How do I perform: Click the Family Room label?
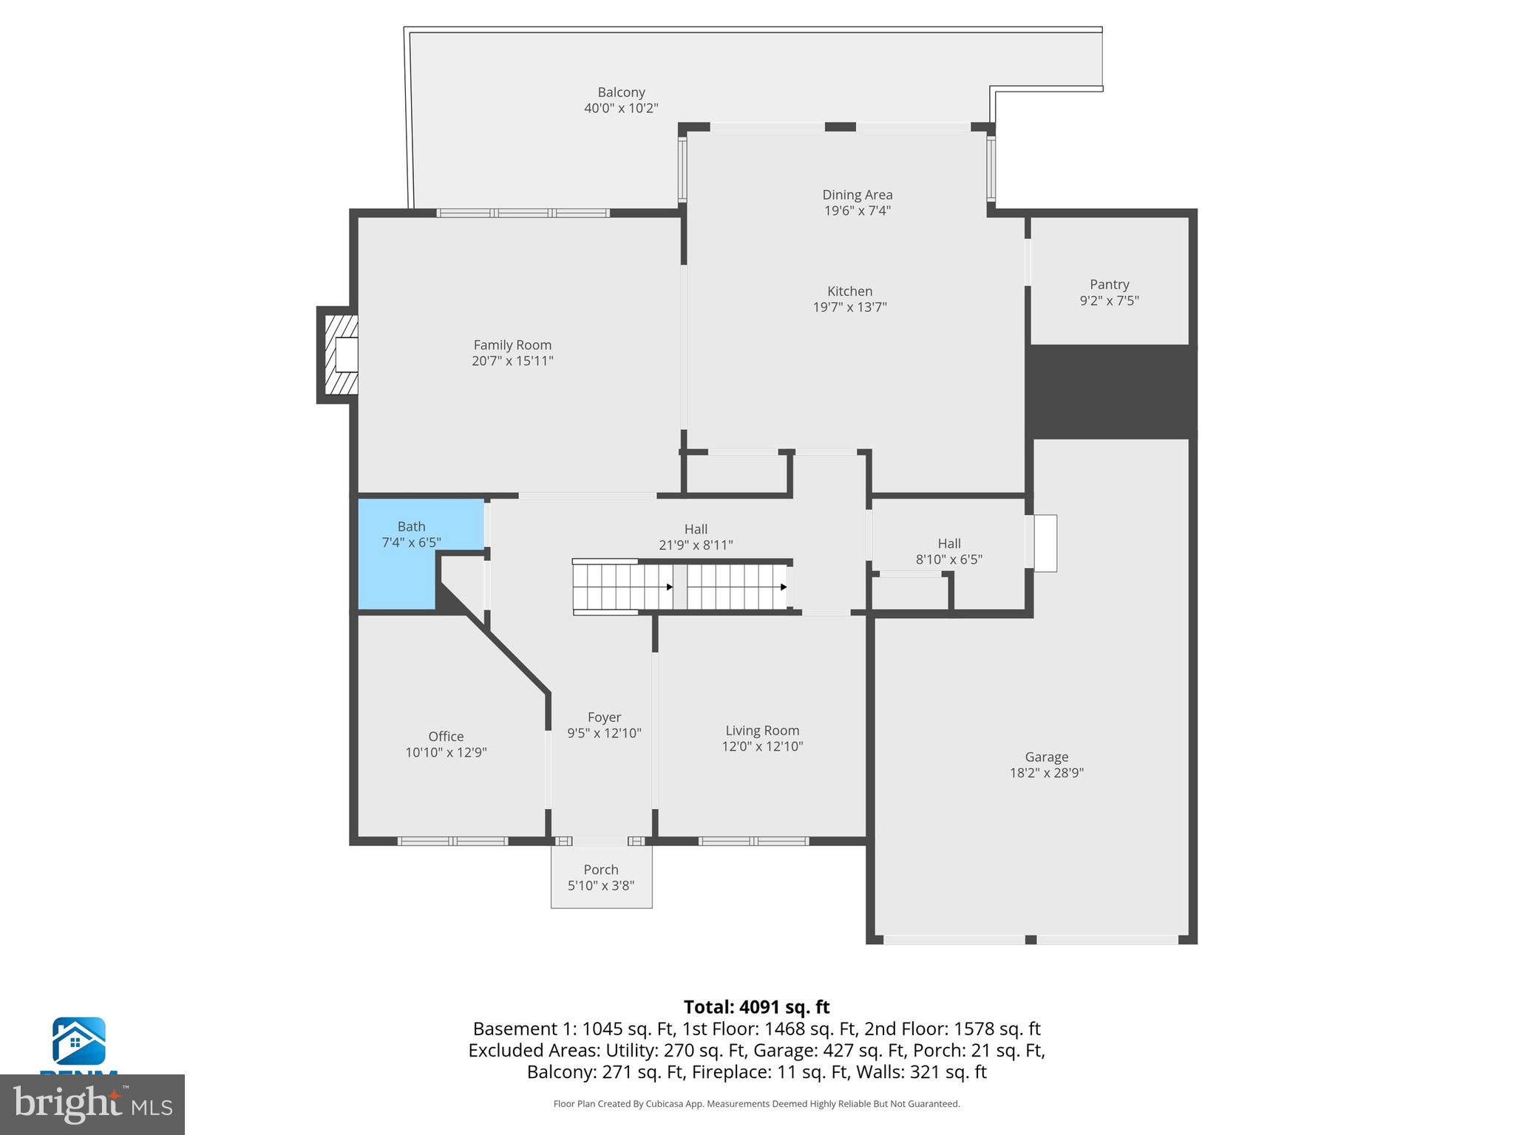(512, 345)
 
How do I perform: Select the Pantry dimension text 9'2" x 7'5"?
(1109, 301)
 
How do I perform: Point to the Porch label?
(600, 870)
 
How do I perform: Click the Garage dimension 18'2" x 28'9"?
(1046, 773)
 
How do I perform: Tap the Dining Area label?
(857, 195)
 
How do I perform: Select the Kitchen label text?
(849, 291)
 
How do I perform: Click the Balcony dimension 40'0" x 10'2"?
(621, 109)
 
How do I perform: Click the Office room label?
(446, 737)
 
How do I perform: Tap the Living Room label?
(762, 731)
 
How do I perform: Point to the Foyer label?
(604, 718)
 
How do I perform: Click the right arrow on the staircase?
(783, 587)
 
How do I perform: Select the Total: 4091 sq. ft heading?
(756, 1007)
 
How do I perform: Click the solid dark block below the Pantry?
(1111, 391)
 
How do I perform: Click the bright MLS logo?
(92, 1105)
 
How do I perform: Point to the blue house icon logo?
(78, 1042)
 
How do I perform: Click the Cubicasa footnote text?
(756, 1104)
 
